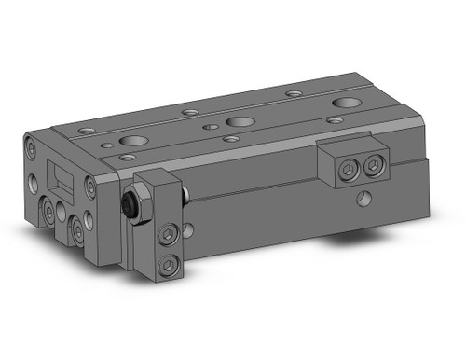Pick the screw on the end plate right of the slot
click(89, 186)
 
